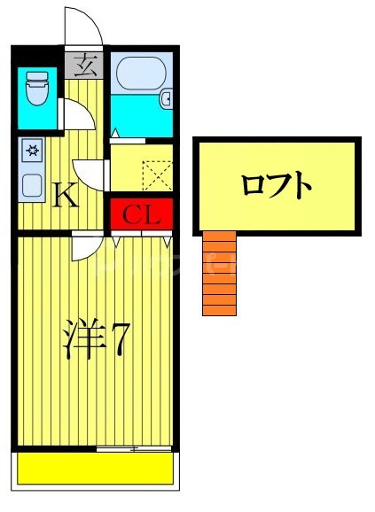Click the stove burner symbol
32,150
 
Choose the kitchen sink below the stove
32,184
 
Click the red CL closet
140,214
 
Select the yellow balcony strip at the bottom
95,469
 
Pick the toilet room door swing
73,115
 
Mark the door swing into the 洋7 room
87,246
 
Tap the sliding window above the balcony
133,449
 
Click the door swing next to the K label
90,172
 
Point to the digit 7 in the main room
120,341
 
